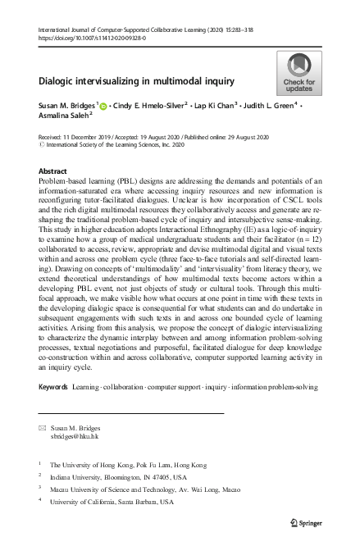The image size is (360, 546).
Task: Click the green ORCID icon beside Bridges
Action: point(104,106)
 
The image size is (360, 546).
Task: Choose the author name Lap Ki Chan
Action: point(215,106)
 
